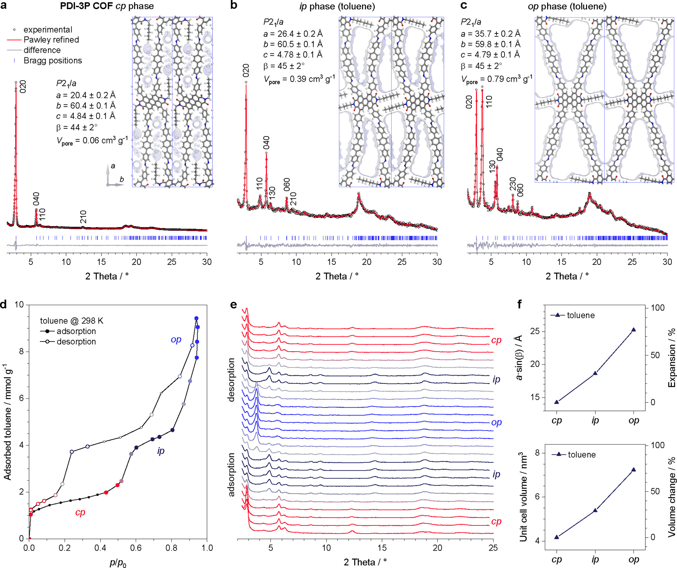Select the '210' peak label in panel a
(83, 217)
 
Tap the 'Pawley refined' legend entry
(51, 40)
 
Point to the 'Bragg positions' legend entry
(53, 61)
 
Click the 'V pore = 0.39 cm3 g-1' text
(299, 79)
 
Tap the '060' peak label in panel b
(287, 184)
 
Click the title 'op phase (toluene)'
(567, 6)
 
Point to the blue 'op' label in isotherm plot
(176, 339)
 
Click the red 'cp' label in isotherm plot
(80, 513)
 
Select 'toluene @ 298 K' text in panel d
(72, 321)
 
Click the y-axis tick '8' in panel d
(22, 352)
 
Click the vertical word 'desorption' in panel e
(231, 379)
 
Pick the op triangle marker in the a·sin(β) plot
(633, 330)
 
